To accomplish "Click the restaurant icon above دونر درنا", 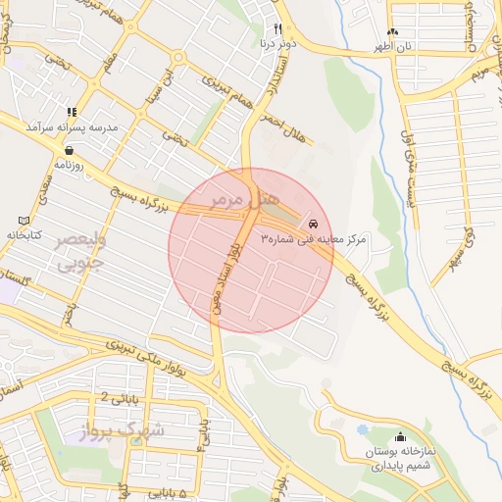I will [x=277, y=29].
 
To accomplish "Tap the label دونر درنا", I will [x=274, y=44].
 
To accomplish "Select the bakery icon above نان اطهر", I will [x=393, y=31].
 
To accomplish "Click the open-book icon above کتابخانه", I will [x=25, y=221].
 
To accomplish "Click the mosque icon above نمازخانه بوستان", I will [x=398, y=437].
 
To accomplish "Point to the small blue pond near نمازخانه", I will [x=363, y=429].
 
